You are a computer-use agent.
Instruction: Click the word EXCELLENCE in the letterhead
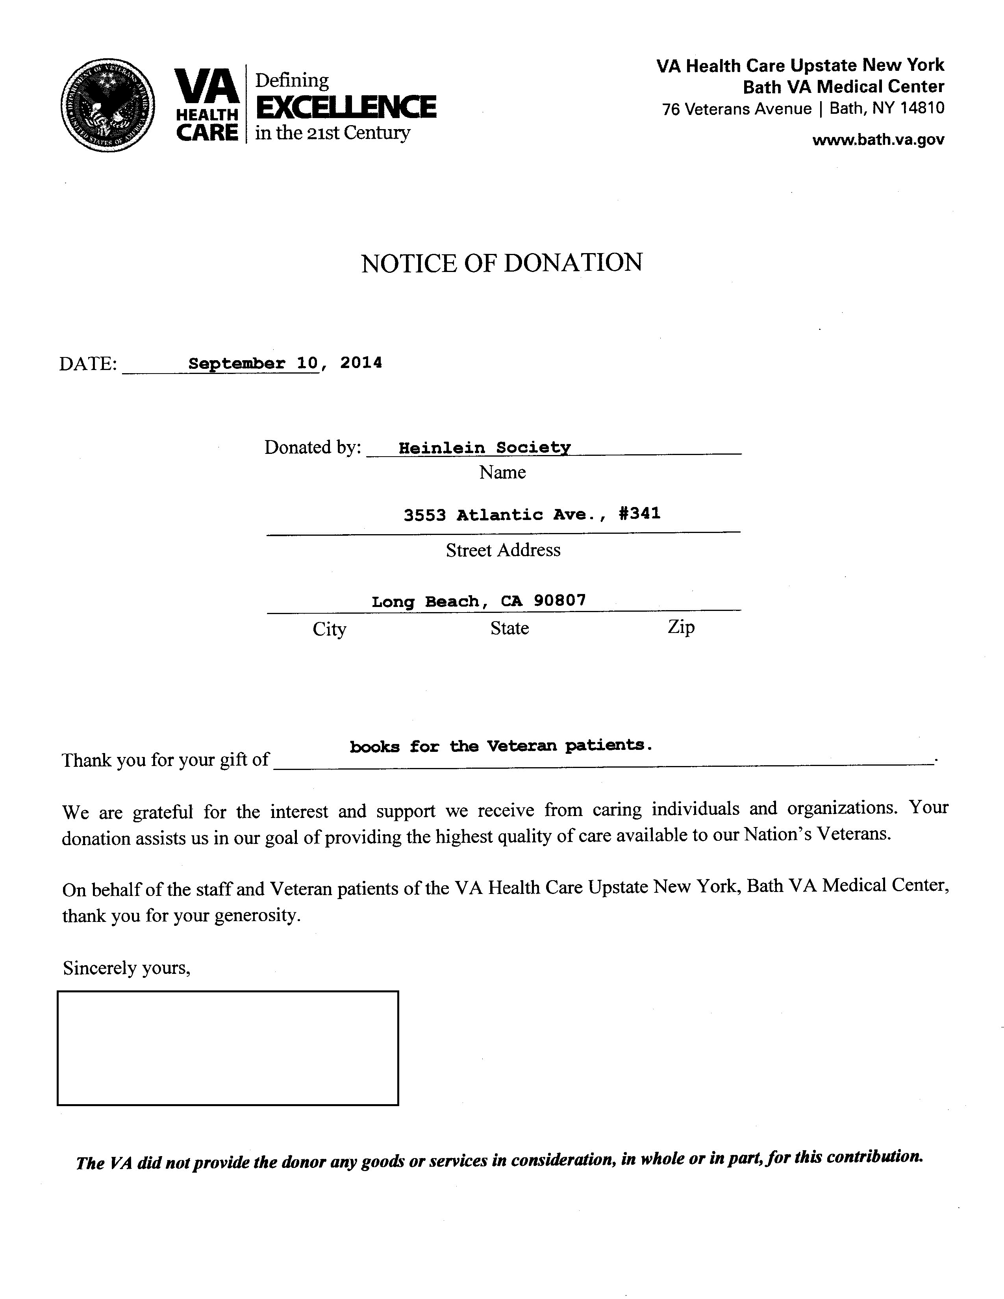(346, 107)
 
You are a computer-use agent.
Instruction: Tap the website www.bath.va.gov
(878, 140)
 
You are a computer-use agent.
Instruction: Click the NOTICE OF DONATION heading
(501, 263)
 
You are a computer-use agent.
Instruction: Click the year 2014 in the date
(361, 363)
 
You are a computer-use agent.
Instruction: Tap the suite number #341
(639, 513)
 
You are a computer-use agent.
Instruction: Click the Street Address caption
(503, 550)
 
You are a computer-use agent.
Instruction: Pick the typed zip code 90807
(560, 600)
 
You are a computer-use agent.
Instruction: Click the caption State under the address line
(509, 629)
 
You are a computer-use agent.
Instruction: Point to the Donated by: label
(313, 447)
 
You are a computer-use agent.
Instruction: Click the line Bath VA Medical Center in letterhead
(843, 87)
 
